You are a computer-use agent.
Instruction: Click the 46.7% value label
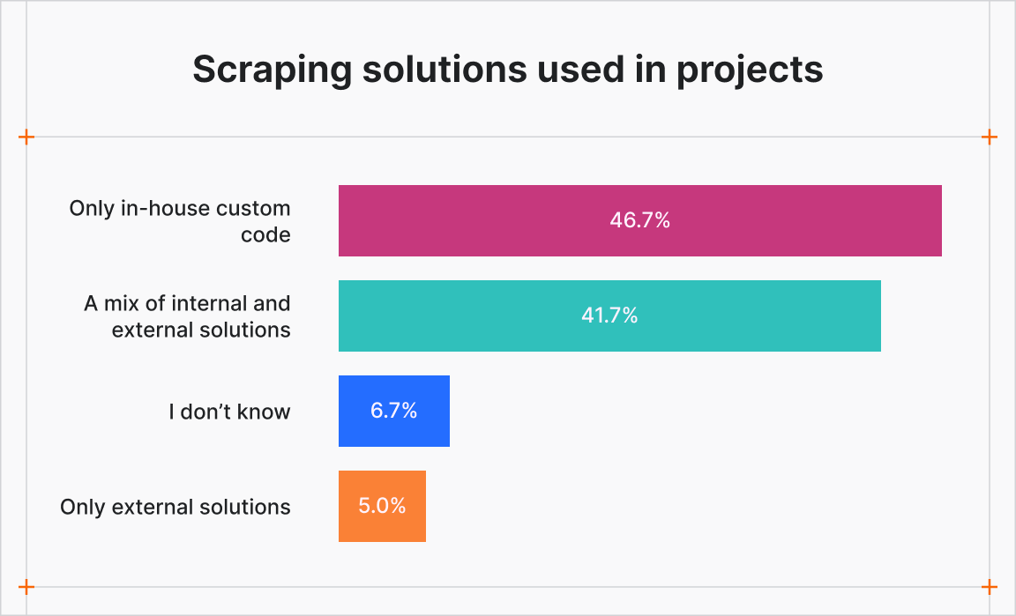tap(640, 221)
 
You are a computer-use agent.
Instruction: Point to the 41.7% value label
tap(609, 315)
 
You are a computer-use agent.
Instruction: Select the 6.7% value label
tap(394, 411)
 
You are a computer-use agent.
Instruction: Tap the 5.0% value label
tap(382, 506)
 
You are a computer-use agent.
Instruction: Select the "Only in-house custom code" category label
tap(180, 222)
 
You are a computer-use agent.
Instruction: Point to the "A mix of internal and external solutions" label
tap(187, 317)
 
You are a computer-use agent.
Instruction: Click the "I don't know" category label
tap(229, 412)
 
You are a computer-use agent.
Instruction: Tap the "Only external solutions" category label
tap(176, 507)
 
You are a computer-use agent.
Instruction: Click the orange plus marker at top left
tap(26, 137)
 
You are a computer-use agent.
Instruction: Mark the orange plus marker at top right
tap(990, 137)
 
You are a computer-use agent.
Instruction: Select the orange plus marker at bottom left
tap(26, 587)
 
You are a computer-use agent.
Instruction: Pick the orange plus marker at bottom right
tap(990, 587)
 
